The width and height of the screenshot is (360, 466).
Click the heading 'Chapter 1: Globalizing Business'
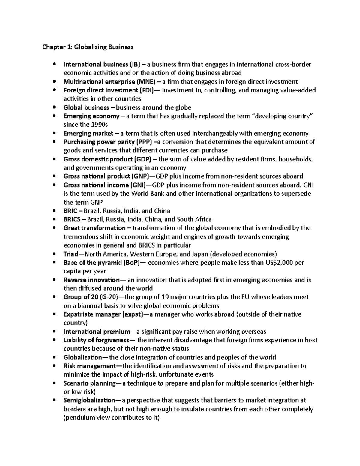(x=88, y=47)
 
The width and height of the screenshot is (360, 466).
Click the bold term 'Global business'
(x=86, y=107)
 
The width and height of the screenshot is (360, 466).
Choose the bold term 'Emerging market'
(x=88, y=134)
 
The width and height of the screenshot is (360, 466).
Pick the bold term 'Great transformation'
(x=94, y=228)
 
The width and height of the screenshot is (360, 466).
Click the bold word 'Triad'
(x=70, y=254)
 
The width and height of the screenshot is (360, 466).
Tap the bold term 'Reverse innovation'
(x=91, y=280)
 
